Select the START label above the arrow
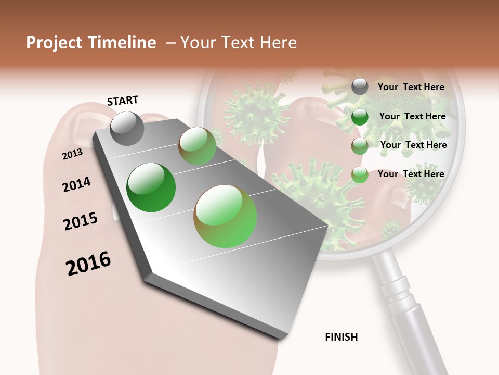123,101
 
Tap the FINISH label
342,337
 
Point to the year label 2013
72,154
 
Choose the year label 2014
76,184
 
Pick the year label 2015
81,221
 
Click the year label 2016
88,264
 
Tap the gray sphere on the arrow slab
127,128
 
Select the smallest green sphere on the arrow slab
198,146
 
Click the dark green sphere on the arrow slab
151,187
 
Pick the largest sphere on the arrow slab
225,216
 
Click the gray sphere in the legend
360,87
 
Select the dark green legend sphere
360,117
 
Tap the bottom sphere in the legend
360,174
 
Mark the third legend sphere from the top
360,146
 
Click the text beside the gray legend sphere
411,87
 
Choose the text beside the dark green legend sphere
412,116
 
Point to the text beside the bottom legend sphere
411,174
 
